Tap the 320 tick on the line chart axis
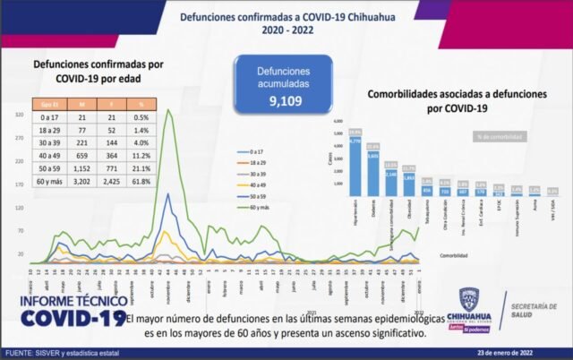19,116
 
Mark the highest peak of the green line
168,110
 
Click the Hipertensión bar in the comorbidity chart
355,167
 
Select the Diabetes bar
372,173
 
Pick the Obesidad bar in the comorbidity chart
408,184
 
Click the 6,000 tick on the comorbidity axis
338,121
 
